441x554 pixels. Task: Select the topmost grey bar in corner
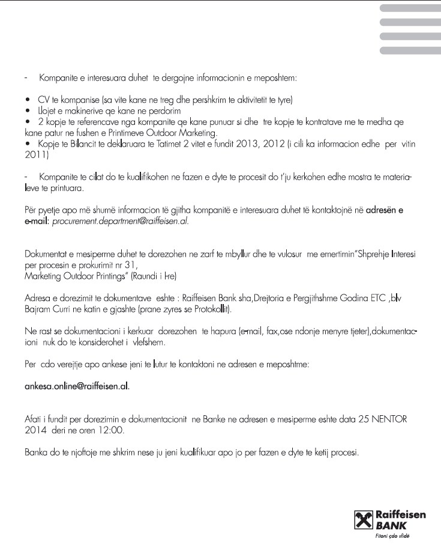(x=410, y=8)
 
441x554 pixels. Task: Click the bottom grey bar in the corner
(x=410, y=50)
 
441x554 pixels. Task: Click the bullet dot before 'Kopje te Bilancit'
(x=28, y=145)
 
